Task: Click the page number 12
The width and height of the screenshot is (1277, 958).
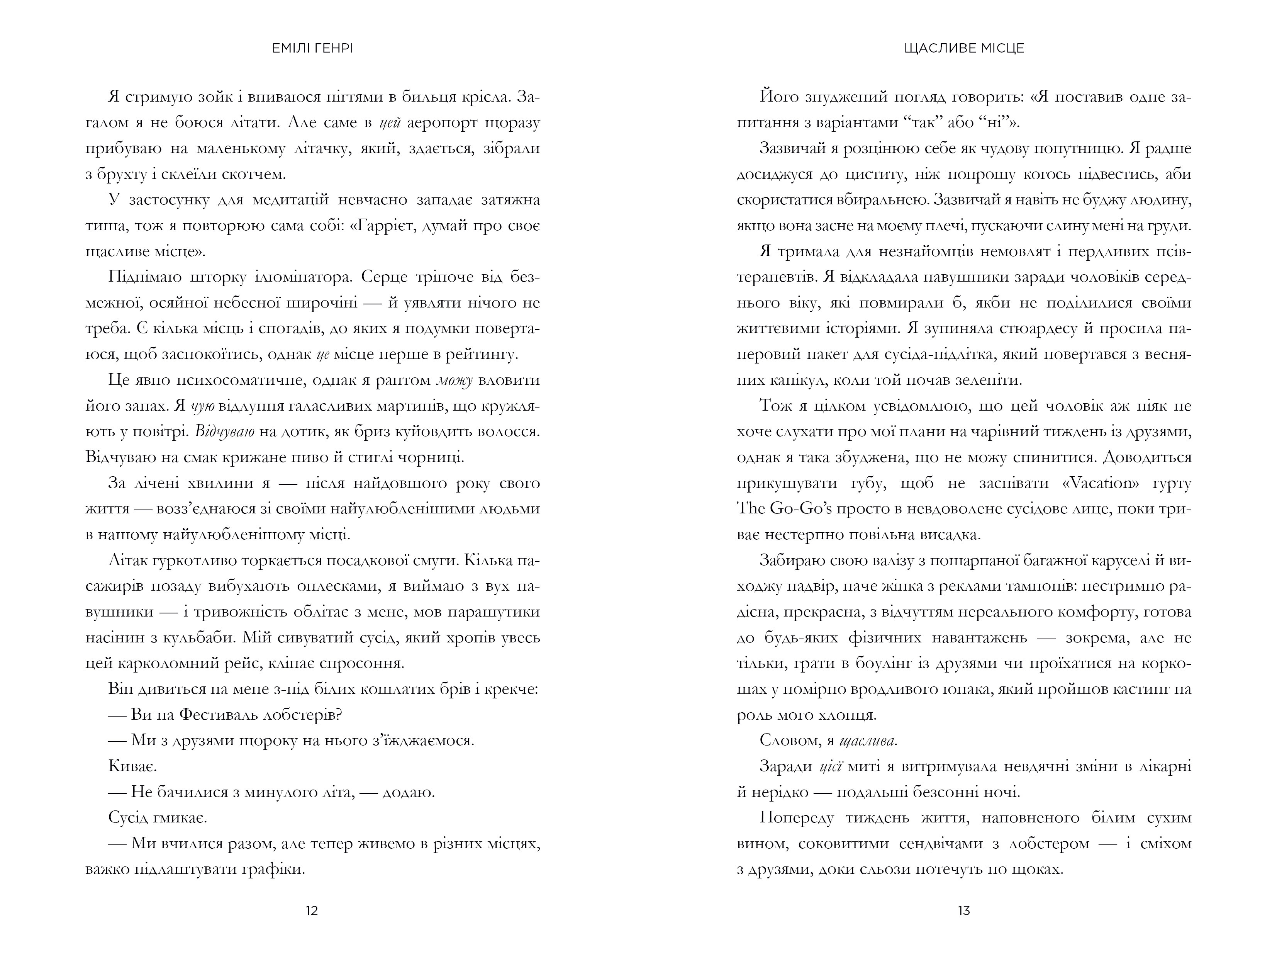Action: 312,910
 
